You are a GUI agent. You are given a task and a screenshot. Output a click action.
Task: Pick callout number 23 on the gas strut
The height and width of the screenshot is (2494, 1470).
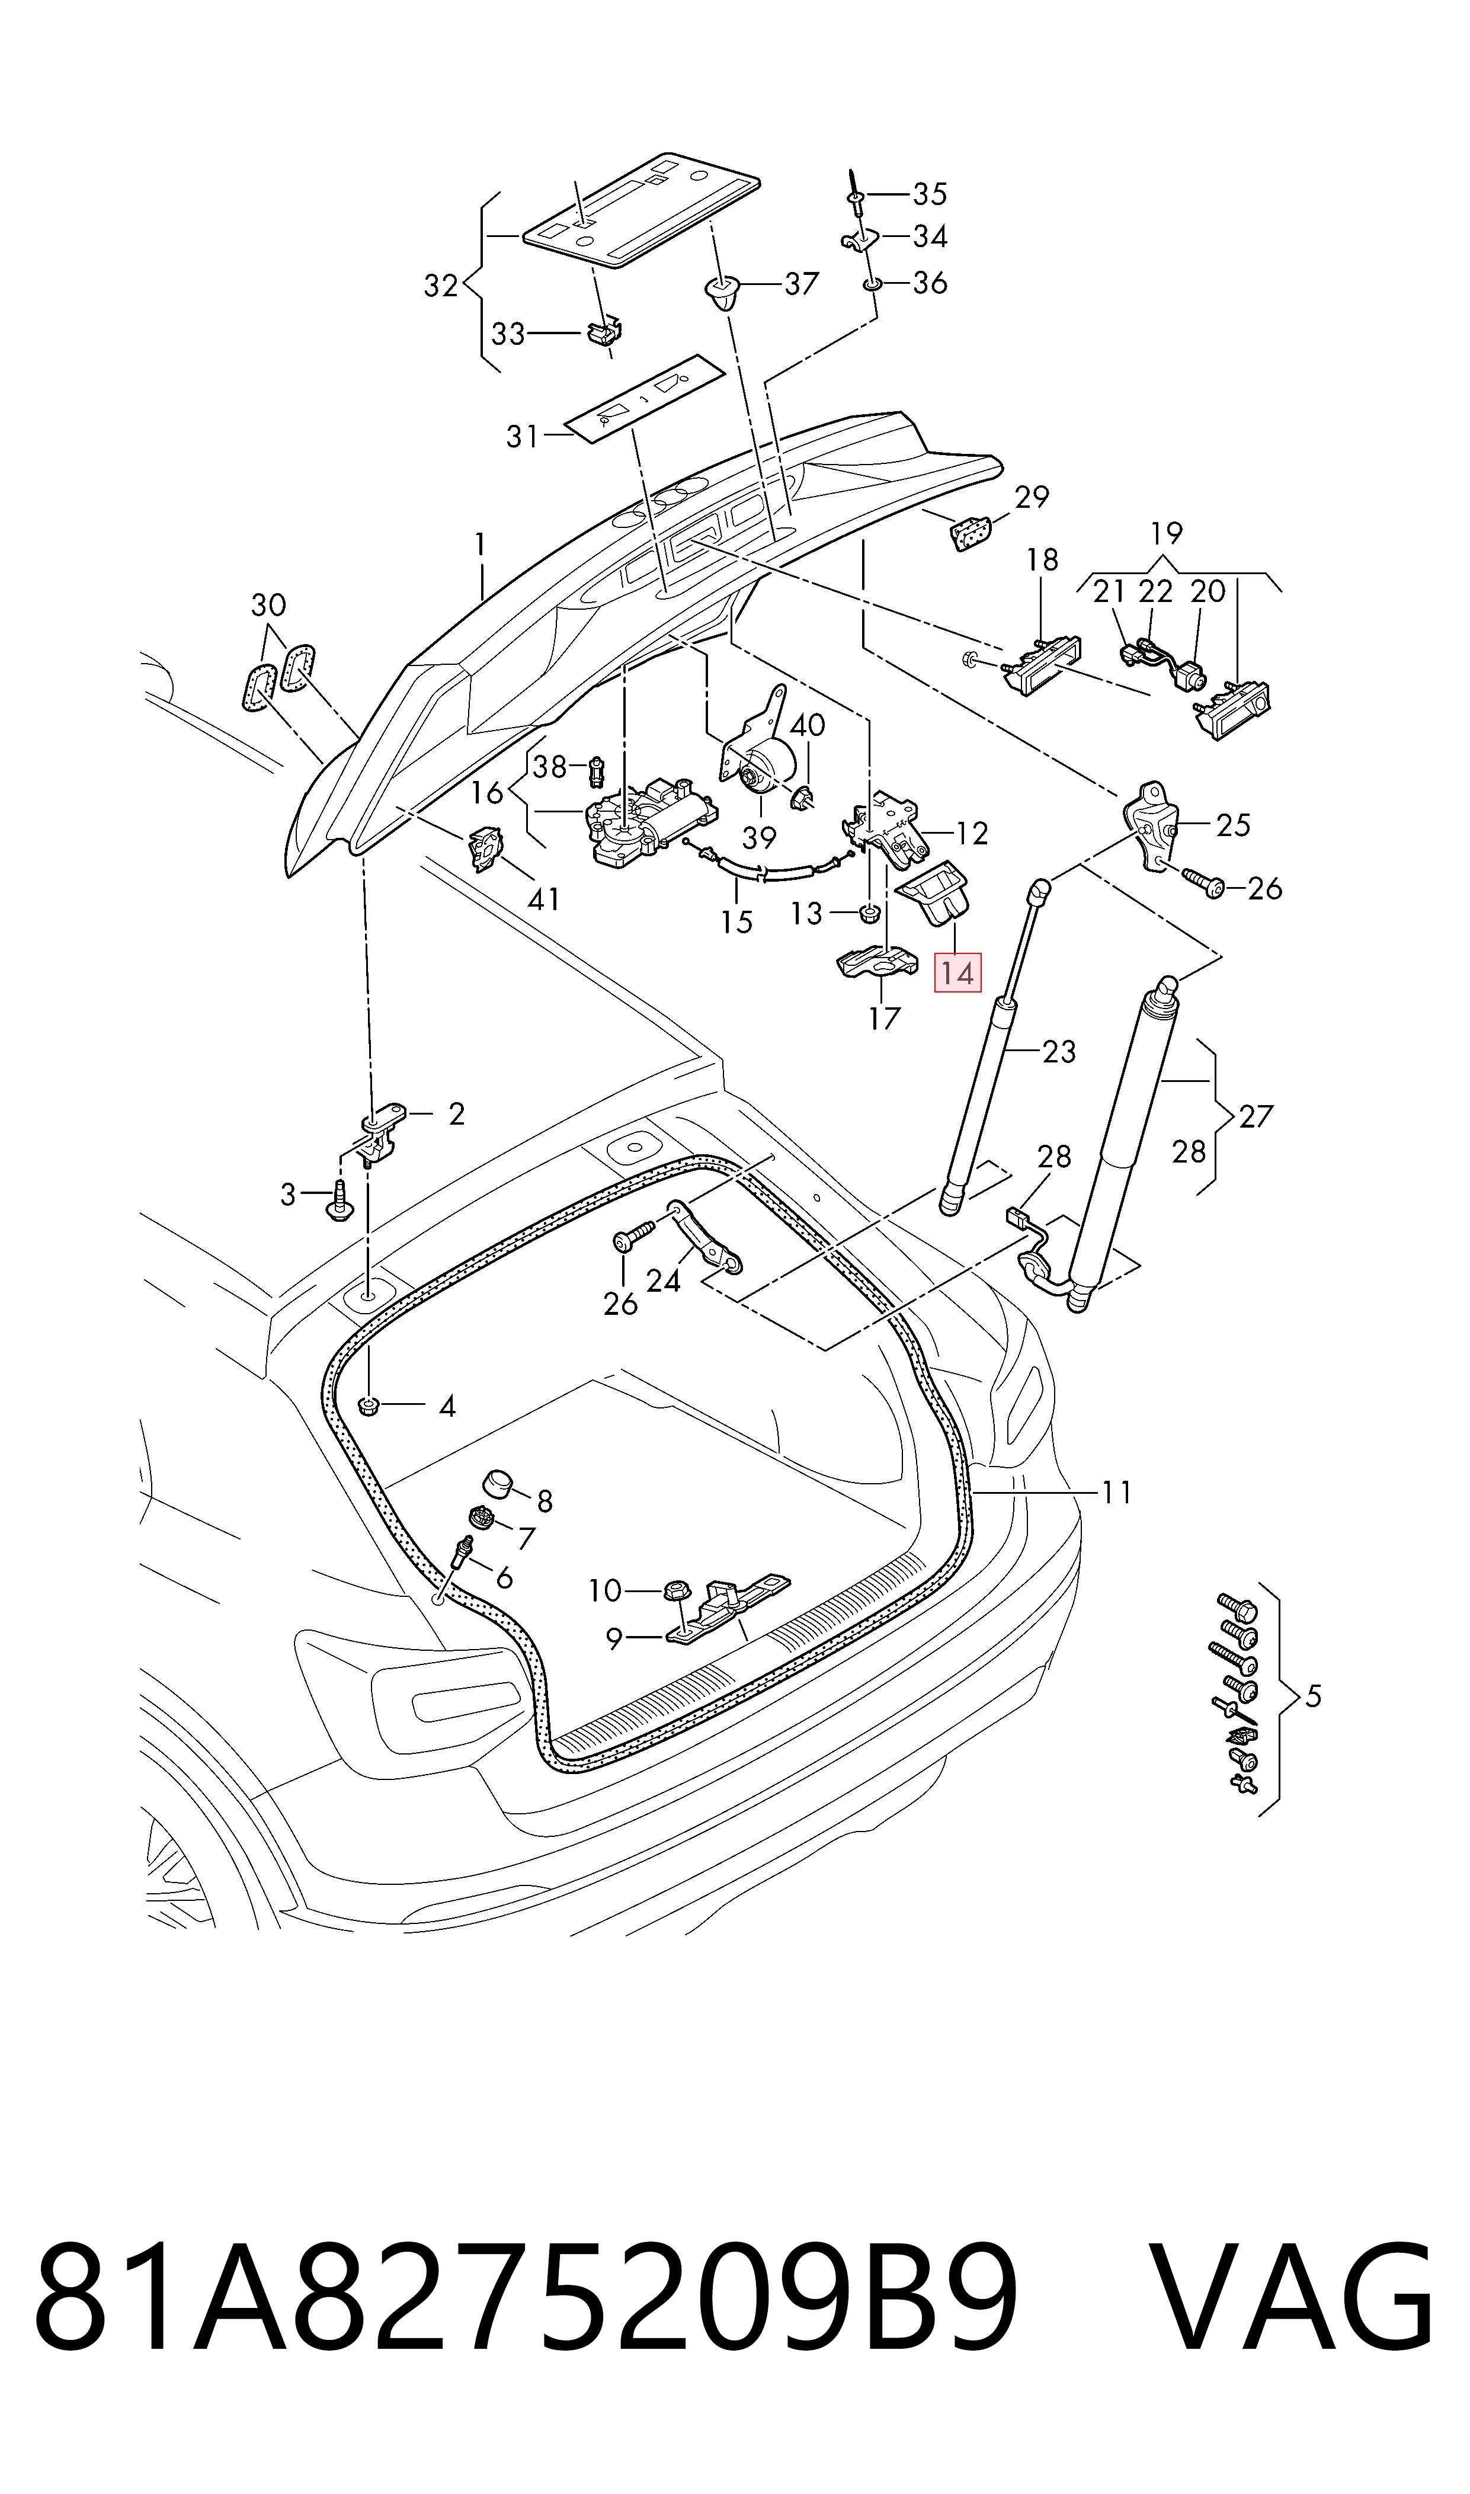click(1059, 1051)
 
